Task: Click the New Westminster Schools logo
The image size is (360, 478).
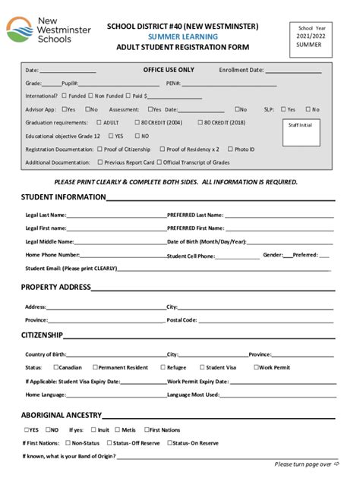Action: coord(47,30)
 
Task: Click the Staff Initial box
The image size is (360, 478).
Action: coord(300,130)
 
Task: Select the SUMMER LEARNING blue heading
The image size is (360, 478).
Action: coord(182,36)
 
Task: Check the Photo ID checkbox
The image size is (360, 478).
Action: coord(230,149)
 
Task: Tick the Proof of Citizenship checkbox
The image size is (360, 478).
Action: coord(100,149)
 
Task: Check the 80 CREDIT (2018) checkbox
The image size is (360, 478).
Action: coord(200,122)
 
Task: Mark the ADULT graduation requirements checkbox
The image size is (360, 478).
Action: coord(99,122)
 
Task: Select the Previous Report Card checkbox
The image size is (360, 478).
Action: coord(100,162)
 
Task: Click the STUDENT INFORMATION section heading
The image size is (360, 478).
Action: coord(63,197)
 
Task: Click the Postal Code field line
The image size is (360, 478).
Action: coord(266,320)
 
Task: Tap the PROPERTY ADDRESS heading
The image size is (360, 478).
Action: coord(55,288)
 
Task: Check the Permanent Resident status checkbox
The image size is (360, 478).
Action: coord(96,367)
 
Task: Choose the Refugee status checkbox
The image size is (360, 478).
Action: coord(161,367)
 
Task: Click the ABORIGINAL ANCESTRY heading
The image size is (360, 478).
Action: coord(61,415)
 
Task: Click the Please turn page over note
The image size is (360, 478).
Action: coord(303,464)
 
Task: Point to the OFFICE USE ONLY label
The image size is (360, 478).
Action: coord(169,70)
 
